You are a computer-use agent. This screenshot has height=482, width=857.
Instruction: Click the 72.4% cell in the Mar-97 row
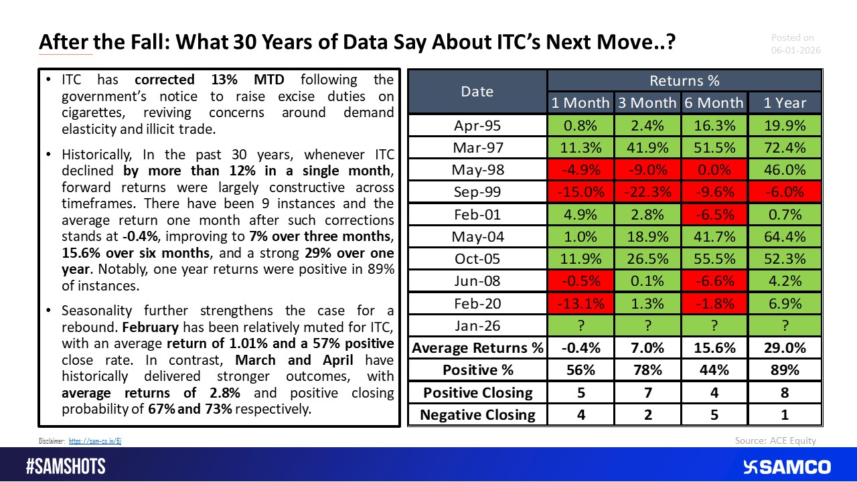pos(784,147)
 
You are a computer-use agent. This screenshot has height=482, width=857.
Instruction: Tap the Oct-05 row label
pos(478,258)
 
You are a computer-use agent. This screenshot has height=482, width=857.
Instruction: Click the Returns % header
pos(684,80)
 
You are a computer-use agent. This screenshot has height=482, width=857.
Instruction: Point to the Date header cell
pos(478,91)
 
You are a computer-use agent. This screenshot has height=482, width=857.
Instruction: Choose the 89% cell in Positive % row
pos(784,370)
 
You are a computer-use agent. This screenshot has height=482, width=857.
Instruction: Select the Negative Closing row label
pos(478,414)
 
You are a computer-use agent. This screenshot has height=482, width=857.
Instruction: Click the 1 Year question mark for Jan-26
pos(784,325)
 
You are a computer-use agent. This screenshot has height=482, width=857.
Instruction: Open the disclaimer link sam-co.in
pos(95,440)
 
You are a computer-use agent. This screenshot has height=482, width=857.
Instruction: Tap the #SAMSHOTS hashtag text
pos(66,467)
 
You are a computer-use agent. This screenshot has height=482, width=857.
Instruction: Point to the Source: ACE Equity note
pos(775,440)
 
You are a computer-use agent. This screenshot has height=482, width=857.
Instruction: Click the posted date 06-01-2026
pos(795,50)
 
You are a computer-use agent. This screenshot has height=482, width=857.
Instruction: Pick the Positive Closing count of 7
pos(647,392)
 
